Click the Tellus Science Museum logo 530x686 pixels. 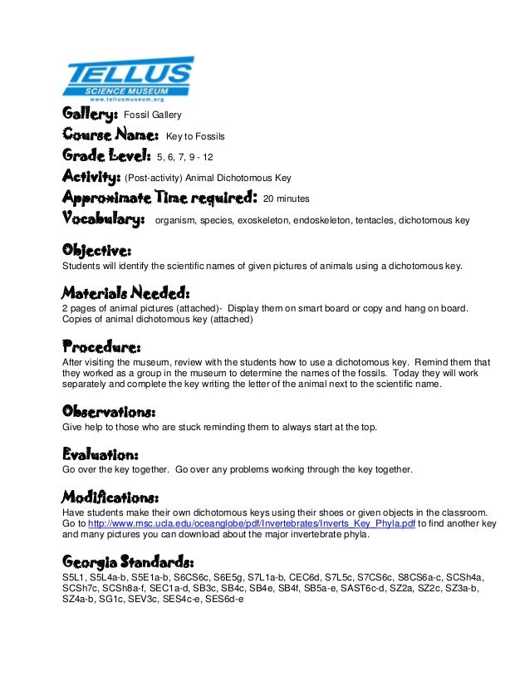pyautogui.click(x=128, y=78)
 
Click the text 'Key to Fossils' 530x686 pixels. pyautogui.click(x=195, y=135)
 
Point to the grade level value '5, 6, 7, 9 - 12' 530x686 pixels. pyautogui.click(x=190, y=156)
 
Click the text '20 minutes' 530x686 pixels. pyautogui.click(x=286, y=199)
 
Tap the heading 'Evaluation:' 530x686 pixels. pyautogui.click(x=100, y=454)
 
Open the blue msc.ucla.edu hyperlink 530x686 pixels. pyautogui.click(x=251, y=524)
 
